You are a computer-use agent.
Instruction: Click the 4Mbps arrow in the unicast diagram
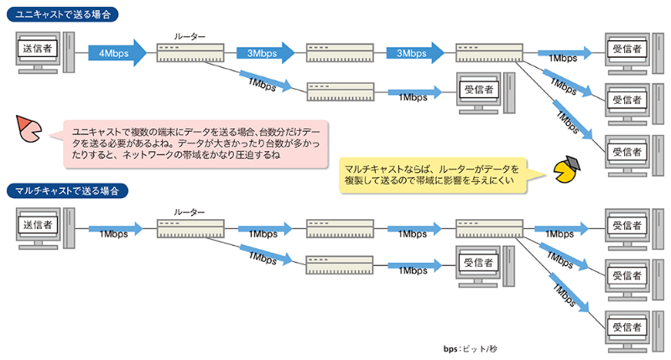[116, 52]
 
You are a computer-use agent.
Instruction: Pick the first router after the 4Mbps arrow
[190, 52]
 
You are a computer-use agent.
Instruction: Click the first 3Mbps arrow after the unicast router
[265, 52]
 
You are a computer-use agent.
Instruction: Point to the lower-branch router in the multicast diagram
[340, 266]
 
